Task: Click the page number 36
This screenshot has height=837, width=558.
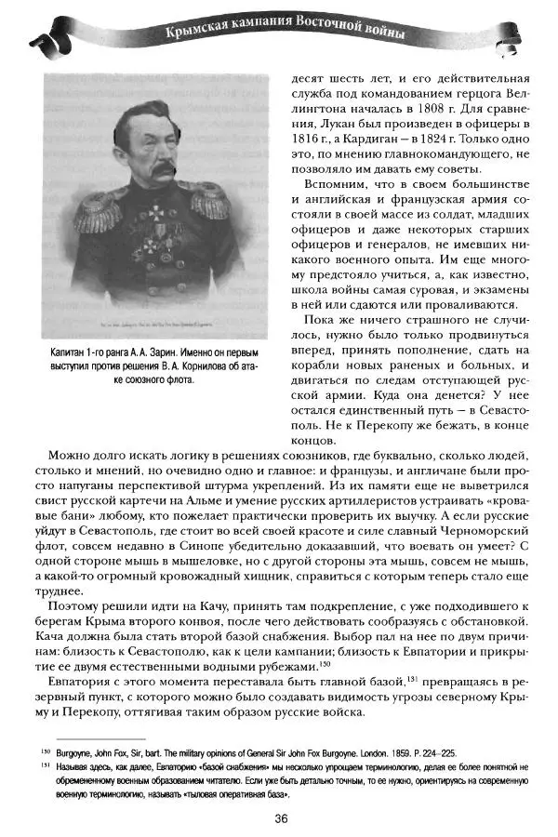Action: point(280,818)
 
